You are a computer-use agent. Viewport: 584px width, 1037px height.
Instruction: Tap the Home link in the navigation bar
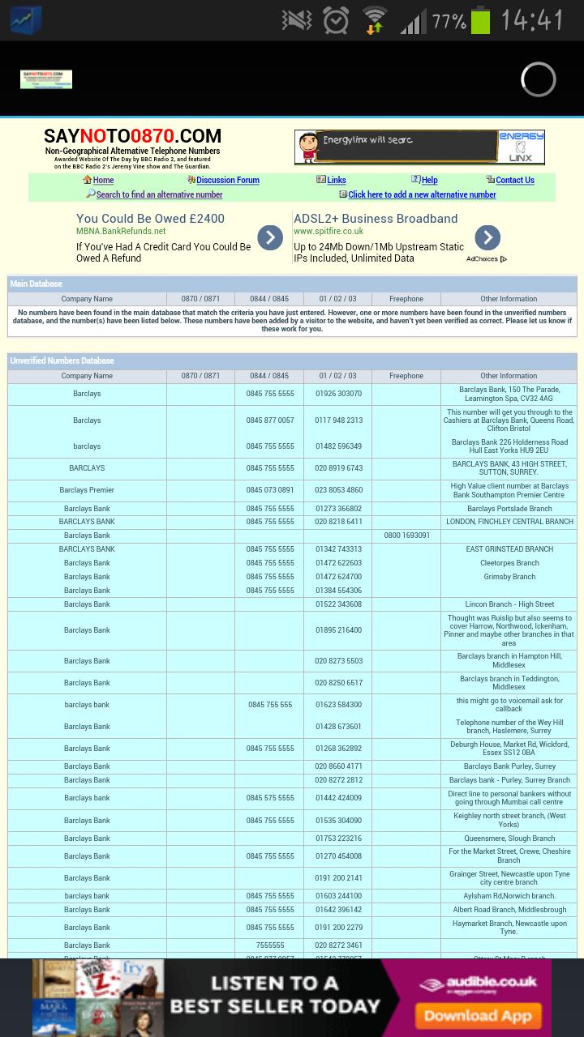click(x=103, y=181)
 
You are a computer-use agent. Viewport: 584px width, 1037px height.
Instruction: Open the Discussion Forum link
click(x=227, y=181)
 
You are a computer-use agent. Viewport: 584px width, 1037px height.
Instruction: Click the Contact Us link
click(x=514, y=181)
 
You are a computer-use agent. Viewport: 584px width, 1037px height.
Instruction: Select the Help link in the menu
click(x=429, y=181)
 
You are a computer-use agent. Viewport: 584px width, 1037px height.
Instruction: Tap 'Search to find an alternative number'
click(x=159, y=194)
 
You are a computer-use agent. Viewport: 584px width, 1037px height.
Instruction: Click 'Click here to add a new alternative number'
click(x=422, y=194)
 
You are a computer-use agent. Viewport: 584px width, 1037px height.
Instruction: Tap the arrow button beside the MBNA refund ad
click(x=270, y=237)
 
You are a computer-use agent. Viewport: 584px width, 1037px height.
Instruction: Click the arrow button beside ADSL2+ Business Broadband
click(x=487, y=237)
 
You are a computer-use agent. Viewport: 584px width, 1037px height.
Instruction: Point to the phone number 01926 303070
click(x=338, y=394)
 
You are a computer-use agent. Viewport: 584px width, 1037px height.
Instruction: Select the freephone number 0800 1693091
click(x=406, y=536)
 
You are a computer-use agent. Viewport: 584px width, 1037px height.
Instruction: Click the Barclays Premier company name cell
click(x=87, y=490)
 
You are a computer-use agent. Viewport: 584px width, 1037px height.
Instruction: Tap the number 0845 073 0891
click(x=270, y=490)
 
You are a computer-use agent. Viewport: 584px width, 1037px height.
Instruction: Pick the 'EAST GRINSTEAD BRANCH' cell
click(x=509, y=549)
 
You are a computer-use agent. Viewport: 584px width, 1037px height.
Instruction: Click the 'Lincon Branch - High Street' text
click(x=509, y=604)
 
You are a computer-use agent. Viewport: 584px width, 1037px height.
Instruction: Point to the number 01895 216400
click(x=338, y=630)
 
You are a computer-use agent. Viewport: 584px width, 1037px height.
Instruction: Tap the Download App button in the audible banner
click(x=472, y=1015)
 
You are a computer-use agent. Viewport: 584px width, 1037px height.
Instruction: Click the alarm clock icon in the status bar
click(x=336, y=21)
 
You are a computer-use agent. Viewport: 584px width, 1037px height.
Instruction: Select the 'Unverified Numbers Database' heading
click(x=62, y=361)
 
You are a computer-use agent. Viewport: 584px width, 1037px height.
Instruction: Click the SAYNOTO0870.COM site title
click(x=132, y=136)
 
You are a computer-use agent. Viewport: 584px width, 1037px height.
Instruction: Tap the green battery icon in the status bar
click(x=481, y=21)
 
